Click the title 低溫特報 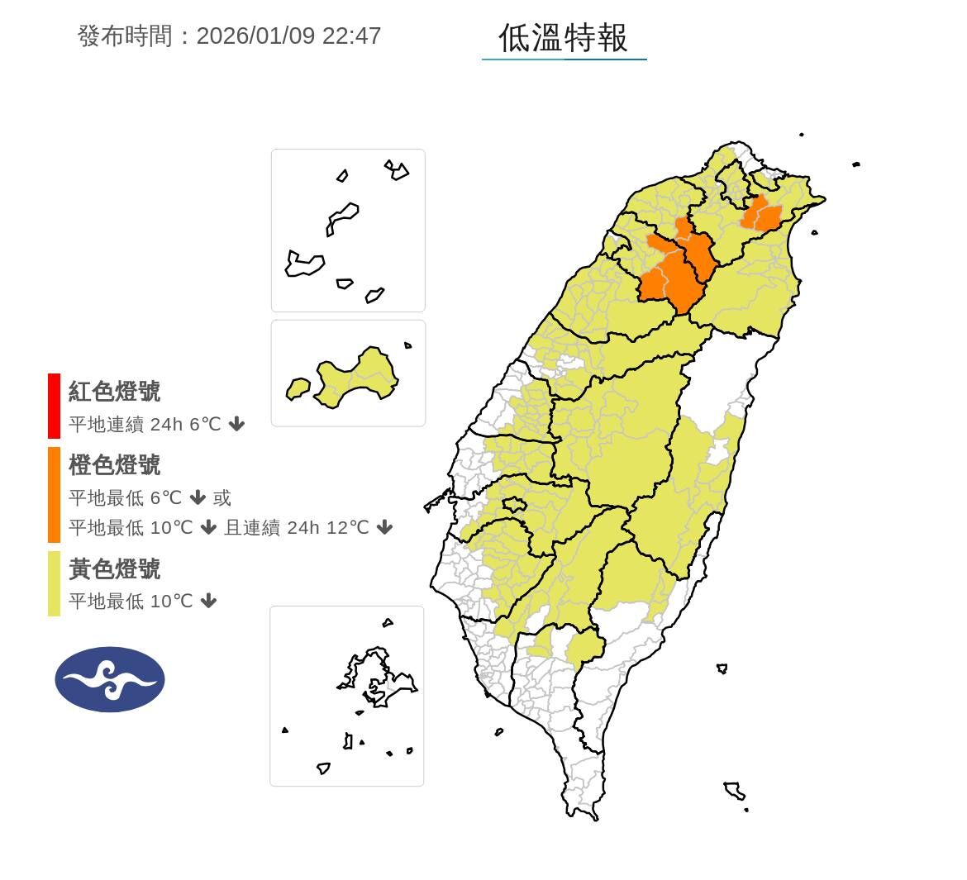[563, 37]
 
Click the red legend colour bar [54, 406]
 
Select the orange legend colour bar [54, 495]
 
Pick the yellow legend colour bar [54, 583]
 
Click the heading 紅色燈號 [114, 391]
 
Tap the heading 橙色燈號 [114, 465]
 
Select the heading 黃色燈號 [114, 568]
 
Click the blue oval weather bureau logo [110, 679]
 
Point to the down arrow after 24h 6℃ [237, 425]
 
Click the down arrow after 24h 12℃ [384, 527]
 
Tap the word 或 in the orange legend [222, 497]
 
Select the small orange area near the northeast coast [762, 215]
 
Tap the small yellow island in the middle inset [298, 388]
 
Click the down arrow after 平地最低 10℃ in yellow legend [209, 601]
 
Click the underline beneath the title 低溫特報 [564, 59]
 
